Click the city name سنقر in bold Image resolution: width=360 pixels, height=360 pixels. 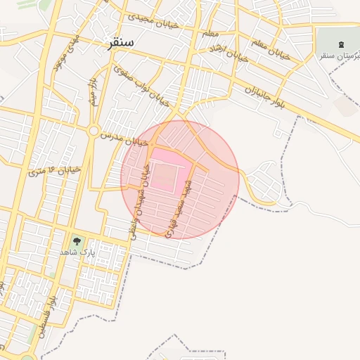[x=120, y=44]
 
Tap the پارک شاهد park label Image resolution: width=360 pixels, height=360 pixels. [x=76, y=252]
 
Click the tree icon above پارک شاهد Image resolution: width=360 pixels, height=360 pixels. [x=76, y=240]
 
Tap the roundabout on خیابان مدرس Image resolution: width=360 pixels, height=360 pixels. [x=93, y=131]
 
